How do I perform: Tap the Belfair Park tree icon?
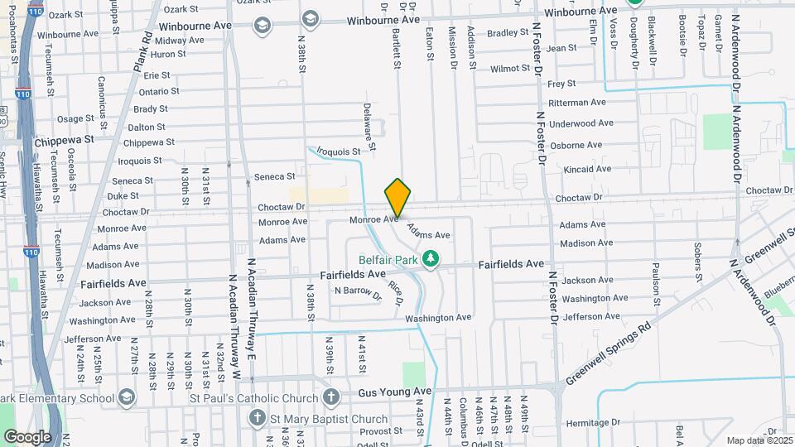point(430,260)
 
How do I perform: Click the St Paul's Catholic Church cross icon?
point(331,397)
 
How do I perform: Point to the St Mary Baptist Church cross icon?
point(258,419)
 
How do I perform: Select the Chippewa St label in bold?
point(64,141)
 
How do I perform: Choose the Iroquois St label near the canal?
point(339,151)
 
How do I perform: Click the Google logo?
point(27,436)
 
